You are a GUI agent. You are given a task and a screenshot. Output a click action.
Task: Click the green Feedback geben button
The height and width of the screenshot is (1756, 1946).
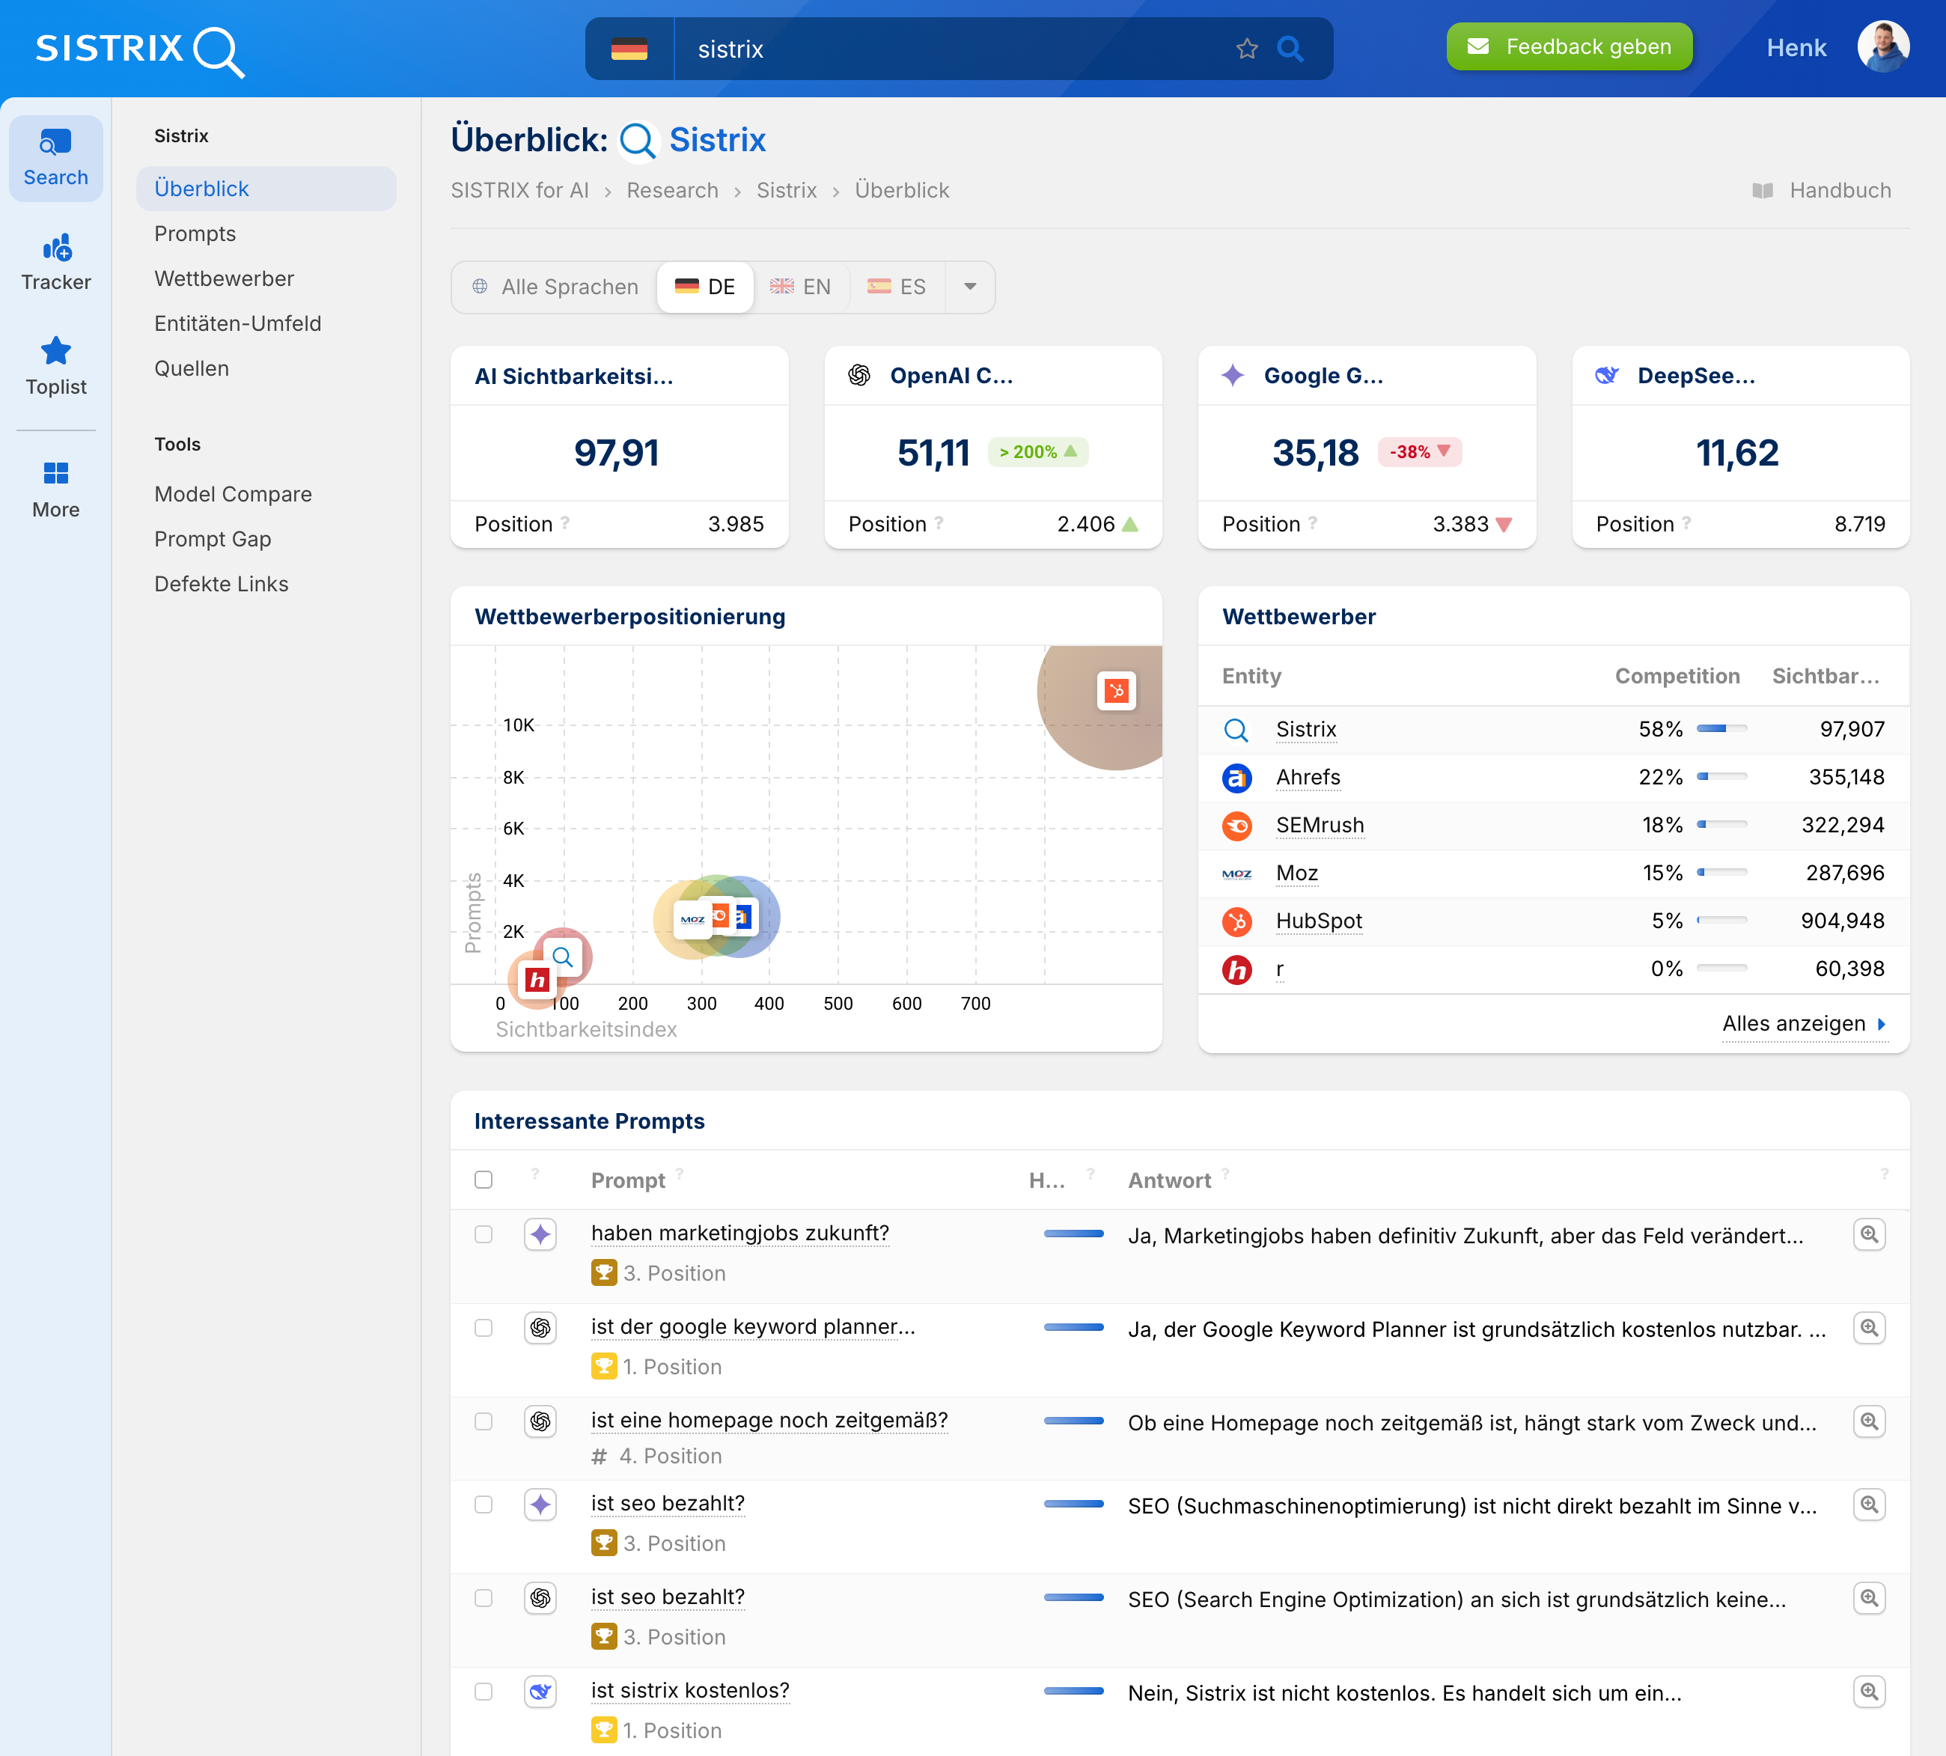coord(1569,46)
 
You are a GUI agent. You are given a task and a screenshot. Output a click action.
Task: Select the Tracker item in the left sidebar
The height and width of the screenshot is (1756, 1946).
coord(56,261)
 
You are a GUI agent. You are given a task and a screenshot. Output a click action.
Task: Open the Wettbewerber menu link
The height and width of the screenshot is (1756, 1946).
coord(224,279)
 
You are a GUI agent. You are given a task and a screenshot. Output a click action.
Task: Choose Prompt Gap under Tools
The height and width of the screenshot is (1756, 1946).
coord(213,540)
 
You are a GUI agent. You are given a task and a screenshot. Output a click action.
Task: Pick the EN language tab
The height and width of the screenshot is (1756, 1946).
coord(801,287)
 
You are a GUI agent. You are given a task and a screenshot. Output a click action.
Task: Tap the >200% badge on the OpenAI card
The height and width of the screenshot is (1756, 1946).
coord(1037,451)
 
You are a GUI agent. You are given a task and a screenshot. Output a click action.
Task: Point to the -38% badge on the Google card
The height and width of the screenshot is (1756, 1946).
coord(1419,451)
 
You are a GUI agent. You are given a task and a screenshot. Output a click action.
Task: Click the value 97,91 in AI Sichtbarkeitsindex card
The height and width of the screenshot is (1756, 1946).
coord(617,453)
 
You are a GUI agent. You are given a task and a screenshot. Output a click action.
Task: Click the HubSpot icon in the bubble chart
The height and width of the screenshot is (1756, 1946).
coord(1116,691)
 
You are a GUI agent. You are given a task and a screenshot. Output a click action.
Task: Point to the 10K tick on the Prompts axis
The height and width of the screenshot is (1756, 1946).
coord(518,725)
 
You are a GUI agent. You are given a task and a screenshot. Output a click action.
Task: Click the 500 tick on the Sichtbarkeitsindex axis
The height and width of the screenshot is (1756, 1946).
coord(838,1004)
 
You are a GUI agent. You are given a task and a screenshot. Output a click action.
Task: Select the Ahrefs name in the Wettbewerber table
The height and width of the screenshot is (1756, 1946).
coord(1308,777)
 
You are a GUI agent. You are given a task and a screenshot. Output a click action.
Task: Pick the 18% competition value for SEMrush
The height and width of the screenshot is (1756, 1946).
coord(1659,825)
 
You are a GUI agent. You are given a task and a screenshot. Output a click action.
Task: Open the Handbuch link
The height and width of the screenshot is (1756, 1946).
coord(1839,190)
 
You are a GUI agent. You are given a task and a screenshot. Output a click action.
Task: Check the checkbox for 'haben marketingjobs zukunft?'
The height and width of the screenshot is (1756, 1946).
coord(484,1235)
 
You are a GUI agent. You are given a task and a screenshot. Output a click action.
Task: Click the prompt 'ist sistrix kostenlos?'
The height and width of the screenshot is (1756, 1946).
coord(690,1690)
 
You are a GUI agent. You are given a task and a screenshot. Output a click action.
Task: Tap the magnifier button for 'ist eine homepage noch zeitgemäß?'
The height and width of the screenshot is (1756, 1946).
coord(1869,1421)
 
